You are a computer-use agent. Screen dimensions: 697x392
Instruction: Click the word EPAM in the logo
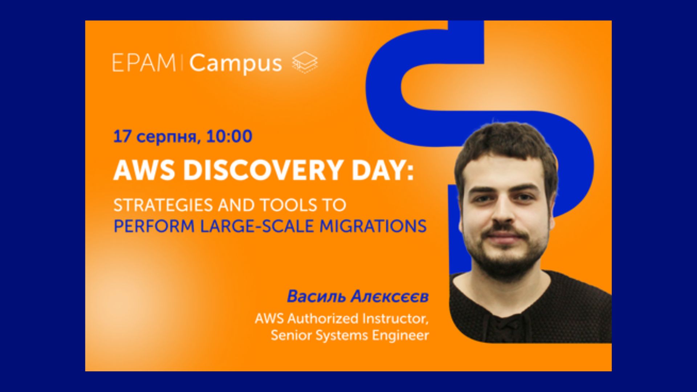(x=144, y=63)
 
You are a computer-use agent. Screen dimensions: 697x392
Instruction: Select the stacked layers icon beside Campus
(x=305, y=62)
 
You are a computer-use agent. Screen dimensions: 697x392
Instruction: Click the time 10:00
(x=229, y=136)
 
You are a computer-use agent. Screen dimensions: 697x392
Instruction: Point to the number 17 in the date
(x=122, y=136)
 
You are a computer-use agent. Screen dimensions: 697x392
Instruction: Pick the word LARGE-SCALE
(x=257, y=226)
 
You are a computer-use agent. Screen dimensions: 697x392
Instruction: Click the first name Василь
(x=316, y=297)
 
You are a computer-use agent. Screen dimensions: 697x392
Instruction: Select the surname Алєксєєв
(x=390, y=297)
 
